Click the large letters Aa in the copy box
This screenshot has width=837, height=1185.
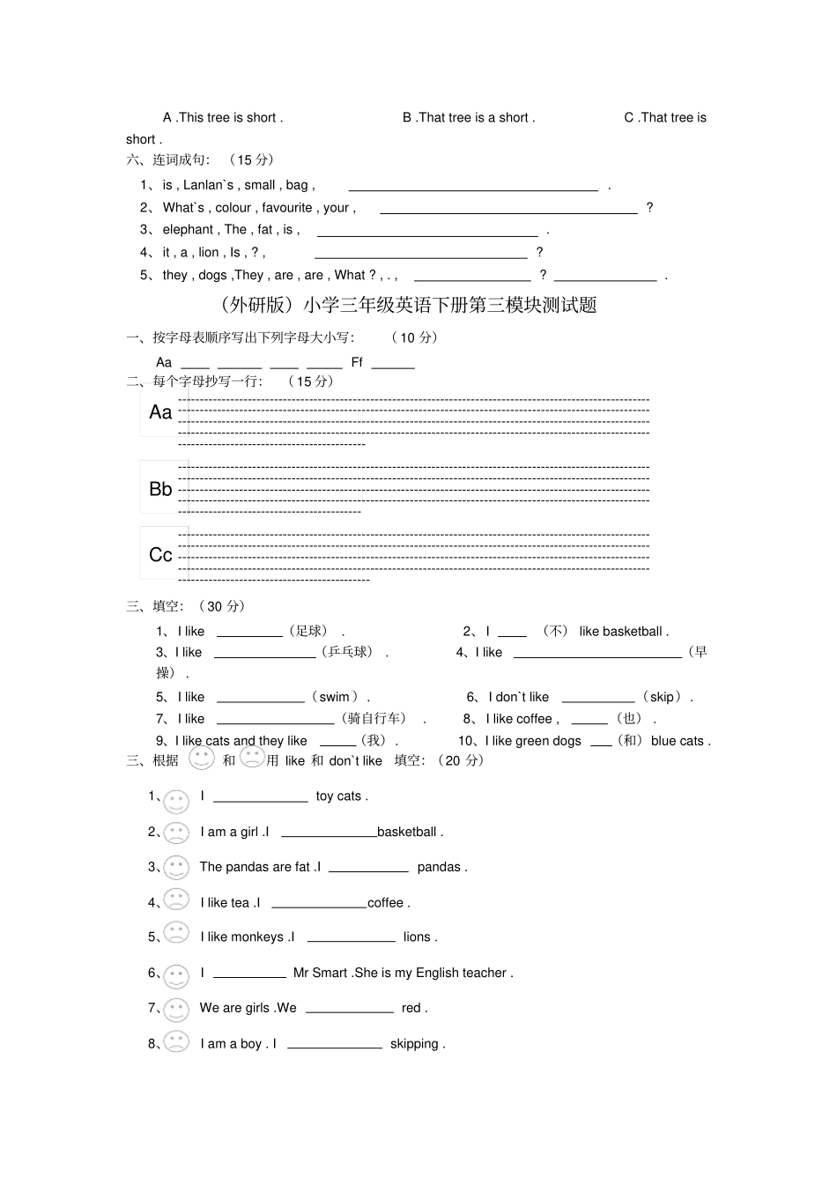[x=160, y=412]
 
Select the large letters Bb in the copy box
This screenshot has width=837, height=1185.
[x=160, y=489]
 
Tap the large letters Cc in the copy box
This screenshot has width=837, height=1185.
[x=160, y=555]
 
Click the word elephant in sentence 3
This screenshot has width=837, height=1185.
[x=188, y=230]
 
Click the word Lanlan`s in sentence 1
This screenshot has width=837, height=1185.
[x=209, y=185]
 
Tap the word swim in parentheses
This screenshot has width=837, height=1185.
[x=335, y=697]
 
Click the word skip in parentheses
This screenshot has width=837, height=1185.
[x=662, y=697]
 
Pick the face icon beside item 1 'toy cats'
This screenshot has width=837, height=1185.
[x=176, y=801]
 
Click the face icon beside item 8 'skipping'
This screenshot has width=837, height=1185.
[x=176, y=1042]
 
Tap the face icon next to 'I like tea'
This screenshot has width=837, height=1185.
[x=176, y=900]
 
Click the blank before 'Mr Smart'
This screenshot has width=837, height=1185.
[x=249, y=974]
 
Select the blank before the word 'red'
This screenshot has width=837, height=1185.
[x=349, y=1009]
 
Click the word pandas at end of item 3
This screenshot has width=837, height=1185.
[x=439, y=867]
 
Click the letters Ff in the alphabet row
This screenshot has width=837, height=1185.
[x=357, y=362]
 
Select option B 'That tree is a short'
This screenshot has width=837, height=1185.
[x=468, y=118]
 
